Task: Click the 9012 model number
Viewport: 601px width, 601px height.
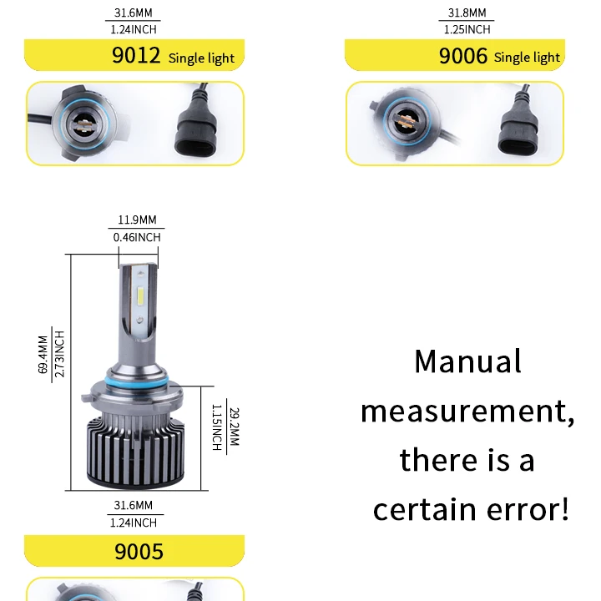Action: click(136, 57)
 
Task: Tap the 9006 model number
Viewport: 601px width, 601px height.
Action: click(463, 57)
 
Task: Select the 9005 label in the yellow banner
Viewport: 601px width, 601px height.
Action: click(139, 552)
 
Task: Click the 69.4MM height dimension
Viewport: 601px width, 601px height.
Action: click(43, 355)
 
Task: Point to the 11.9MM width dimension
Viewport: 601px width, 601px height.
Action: click(136, 220)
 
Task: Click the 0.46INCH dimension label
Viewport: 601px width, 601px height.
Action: click(136, 237)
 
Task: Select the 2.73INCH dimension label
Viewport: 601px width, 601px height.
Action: click(59, 355)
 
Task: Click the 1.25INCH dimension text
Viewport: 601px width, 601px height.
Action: click(466, 29)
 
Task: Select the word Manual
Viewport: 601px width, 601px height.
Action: click(467, 361)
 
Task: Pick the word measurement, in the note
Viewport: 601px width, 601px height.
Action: click(467, 411)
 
